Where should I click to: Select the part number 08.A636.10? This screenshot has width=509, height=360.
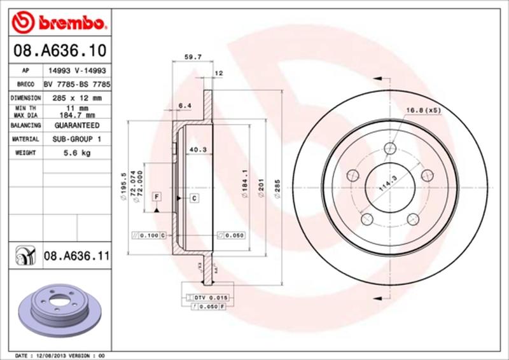tap(59, 49)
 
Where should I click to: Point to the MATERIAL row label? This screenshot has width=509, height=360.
tap(26, 139)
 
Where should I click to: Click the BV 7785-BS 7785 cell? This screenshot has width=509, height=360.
tap(78, 85)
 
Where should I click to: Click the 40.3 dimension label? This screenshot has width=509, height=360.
tap(196, 150)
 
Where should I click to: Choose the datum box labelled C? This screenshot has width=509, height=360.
tap(193, 198)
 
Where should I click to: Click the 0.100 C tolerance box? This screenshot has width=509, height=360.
tap(148, 235)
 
